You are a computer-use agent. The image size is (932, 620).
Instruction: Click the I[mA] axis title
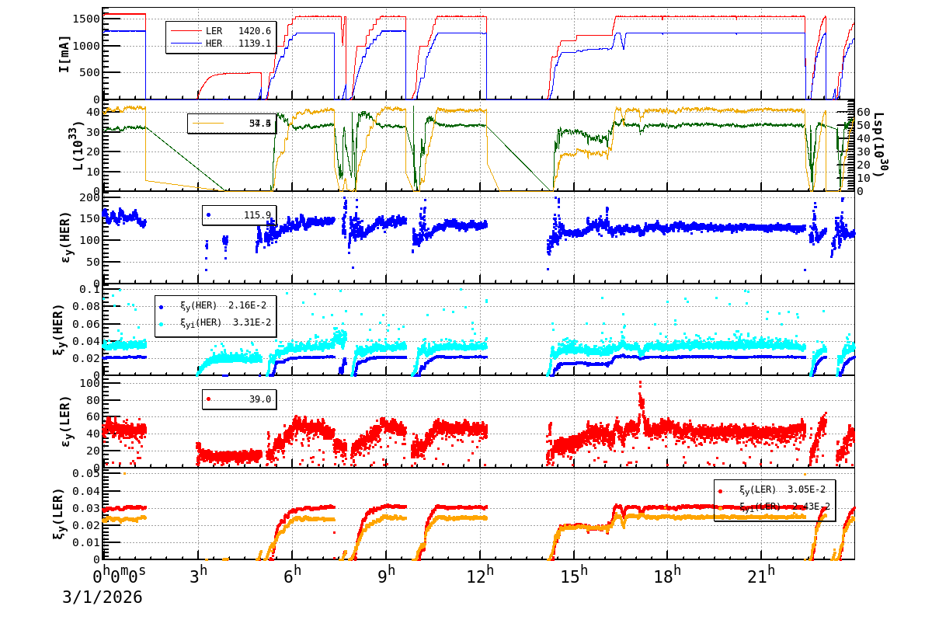tap(64, 54)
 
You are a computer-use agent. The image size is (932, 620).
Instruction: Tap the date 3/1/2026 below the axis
tap(103, 597)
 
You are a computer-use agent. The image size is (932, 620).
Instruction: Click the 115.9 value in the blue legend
tap(257, 215)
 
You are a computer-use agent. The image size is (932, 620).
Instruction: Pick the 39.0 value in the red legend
tap(259, 399)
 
